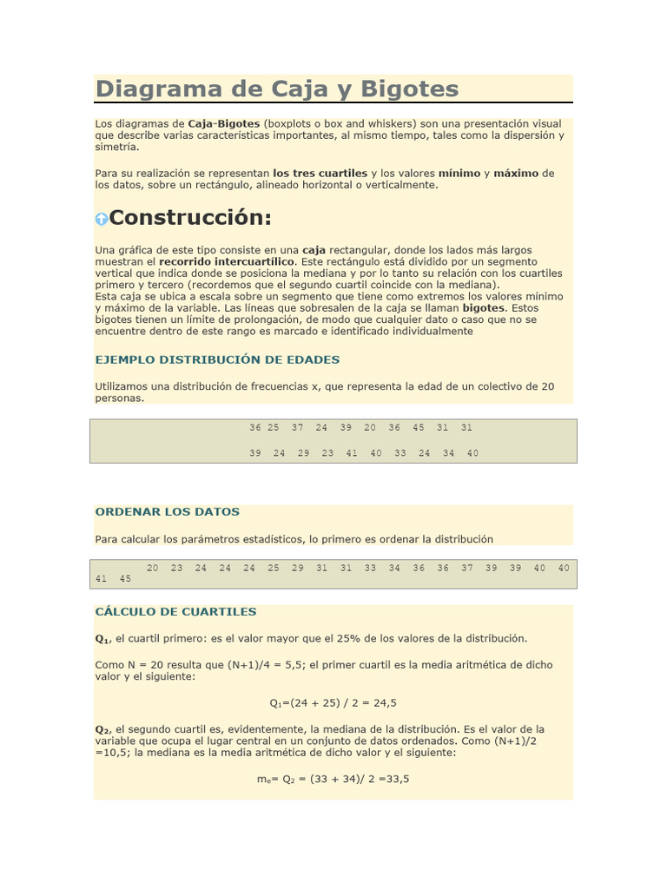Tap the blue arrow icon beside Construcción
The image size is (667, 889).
click(102, 219)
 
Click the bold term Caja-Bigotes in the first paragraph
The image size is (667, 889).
click(223, 124)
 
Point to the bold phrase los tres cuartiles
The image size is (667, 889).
click(320, 174)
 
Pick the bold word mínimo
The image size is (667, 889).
click(459, 174)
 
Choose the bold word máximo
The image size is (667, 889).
click(516, 174)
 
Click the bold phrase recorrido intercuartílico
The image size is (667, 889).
click(227, 261)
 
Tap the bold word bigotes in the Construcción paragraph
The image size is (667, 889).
click(482, 307)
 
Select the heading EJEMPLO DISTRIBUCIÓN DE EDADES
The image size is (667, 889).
click(217, 359)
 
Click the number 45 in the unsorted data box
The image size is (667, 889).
click(419, 427)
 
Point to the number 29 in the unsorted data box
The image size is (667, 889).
click(303, 453)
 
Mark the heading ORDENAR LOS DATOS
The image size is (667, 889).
click(167, 511)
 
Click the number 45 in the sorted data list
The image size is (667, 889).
click(126, 578)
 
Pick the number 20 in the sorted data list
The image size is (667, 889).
click(153, 568)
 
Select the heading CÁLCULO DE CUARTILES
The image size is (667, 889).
click(175, 611)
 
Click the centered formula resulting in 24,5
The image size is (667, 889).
click(333, 703)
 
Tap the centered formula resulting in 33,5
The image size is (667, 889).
click(333, 779)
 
